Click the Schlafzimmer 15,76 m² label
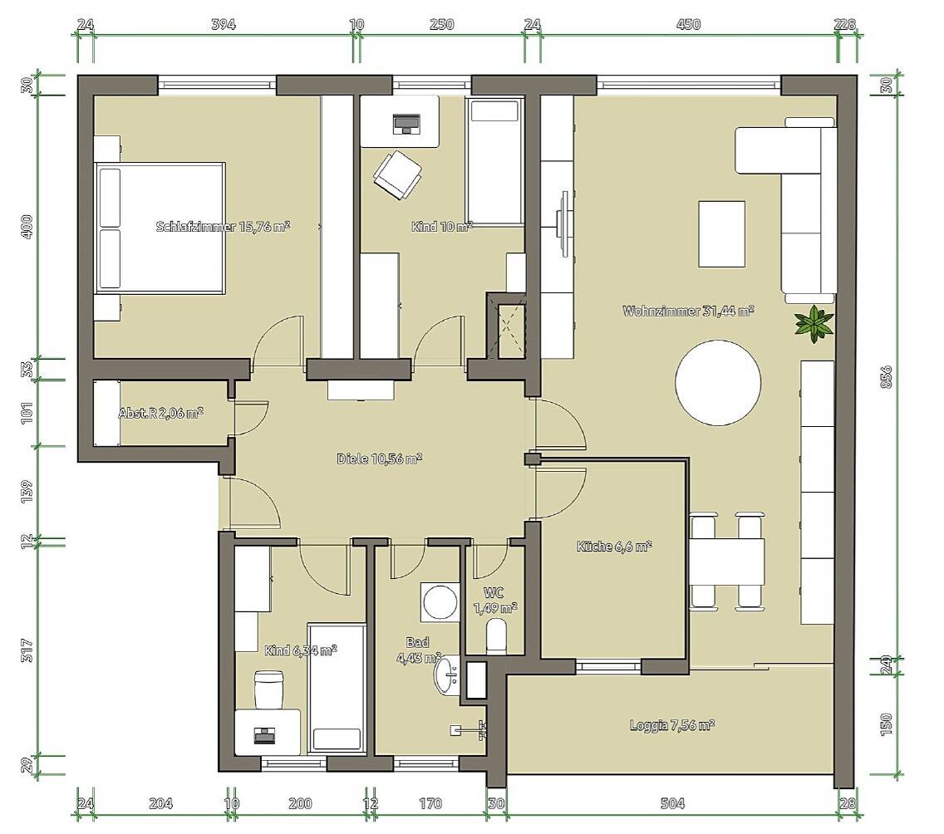point(223,227)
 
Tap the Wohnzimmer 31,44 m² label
point(688,312)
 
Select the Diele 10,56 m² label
point(379,459)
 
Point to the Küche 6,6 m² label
point(614,547)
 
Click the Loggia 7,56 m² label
point(672,725)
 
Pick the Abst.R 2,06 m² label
point(160,413)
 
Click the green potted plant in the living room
point(814,324)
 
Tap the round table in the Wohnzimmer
point(718,383)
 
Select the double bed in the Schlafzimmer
point(160,228)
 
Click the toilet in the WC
point(497,637)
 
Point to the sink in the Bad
point(447,675)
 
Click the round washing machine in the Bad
point(440,601)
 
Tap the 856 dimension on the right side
point(886,376)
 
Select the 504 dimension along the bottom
point(672,803)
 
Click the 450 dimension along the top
point(689,24)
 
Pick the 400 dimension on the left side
point(27,227)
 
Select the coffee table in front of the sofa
point(721,234)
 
